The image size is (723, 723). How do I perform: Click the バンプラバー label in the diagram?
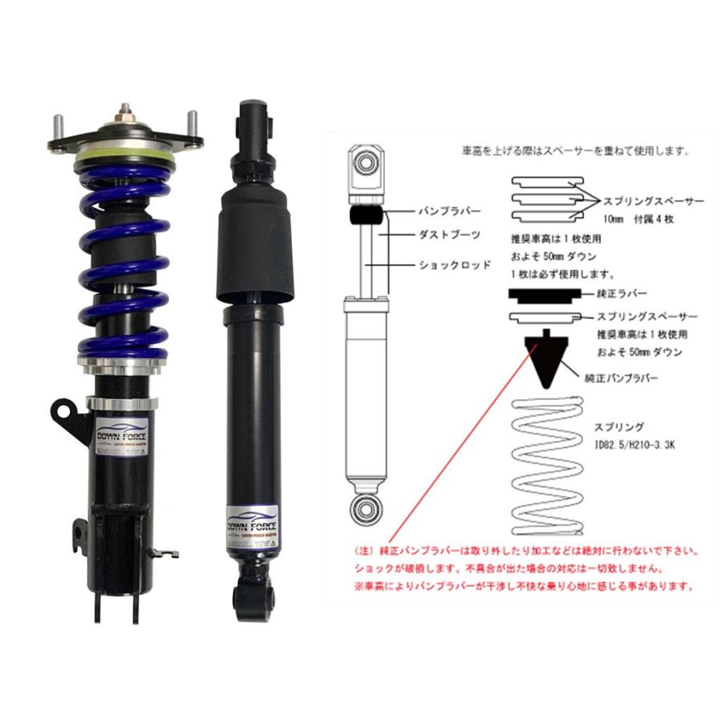[x=449, y=211]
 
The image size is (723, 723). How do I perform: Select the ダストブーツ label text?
[x=449, y=237]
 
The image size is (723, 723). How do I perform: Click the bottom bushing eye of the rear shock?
[x=255, y=598]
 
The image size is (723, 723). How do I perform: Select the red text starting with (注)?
[x=526, y=553]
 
